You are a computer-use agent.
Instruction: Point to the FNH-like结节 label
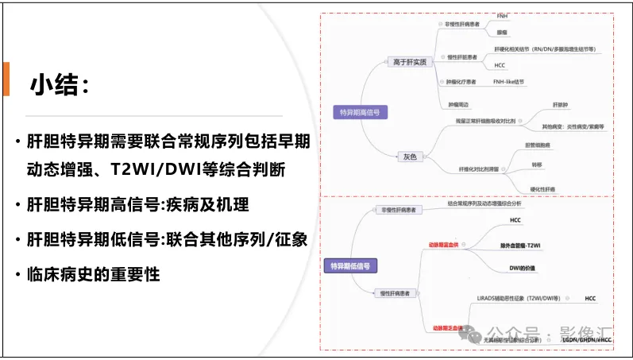pos(508,82)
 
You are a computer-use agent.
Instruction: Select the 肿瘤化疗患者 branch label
pos(461,82)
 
